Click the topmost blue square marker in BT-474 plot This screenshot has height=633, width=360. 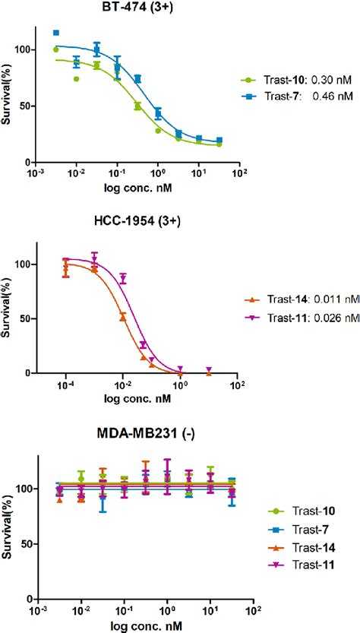[56, 33]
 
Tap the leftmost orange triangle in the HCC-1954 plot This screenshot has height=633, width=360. [67, 268]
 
